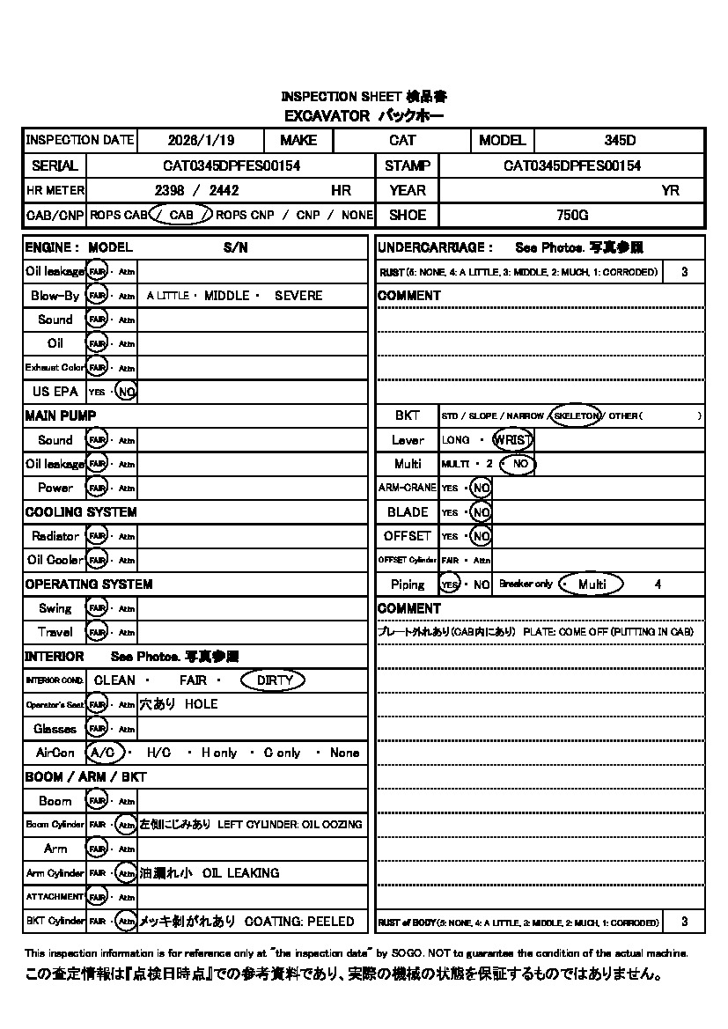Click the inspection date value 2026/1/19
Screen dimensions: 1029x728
coord(199,140)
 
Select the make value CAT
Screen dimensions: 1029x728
coord(402,140)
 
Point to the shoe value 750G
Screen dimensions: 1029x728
coord(572,215)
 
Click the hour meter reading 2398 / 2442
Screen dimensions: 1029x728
coord(195,190)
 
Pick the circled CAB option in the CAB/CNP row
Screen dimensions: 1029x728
coord(181,215)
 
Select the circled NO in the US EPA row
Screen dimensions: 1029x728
coord(126,392)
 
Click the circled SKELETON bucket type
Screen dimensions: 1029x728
coord(577,415)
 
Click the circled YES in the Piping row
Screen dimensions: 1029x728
coord(450,584)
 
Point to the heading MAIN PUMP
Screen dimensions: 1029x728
coord(61,415)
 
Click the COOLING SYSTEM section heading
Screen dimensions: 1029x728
coord(81,512)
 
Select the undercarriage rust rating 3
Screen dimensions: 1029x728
coord(684,272)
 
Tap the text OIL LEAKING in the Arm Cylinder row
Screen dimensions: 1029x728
coord(240,873)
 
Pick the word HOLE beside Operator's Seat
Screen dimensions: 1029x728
coord(201,704)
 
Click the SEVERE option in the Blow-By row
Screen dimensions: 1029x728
coord(298,296)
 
